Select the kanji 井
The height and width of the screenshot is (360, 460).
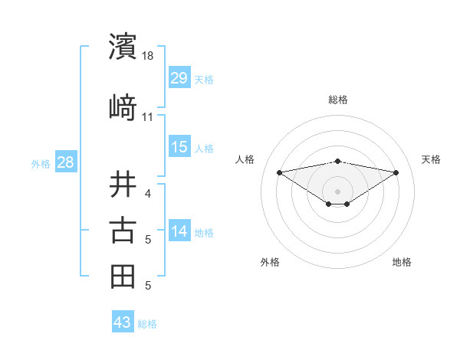coord(123,185)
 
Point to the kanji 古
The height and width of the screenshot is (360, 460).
coord(123,231)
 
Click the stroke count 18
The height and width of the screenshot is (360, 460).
coord(148,56)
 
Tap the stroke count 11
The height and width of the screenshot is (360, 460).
coord(148,116)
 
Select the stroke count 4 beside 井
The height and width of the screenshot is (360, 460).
coord(147,194)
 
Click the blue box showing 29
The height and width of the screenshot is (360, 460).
coord(179,78)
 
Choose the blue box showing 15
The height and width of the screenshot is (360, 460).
coord(179,147)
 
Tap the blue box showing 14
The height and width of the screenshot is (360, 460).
coord(179,231)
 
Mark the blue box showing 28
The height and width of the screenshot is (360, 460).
coord(65,162)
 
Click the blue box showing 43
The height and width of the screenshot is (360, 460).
coord(123,322)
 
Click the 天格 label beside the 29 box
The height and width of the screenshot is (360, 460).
coord(204,80)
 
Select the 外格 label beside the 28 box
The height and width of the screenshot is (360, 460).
coord(41,163)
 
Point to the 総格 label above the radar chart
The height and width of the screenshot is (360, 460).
coord(337,100)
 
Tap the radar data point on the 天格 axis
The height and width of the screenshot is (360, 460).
coord(396,172)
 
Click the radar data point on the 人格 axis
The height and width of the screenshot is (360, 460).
coord(279,172)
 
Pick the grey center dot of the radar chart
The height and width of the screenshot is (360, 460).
coord(337,191)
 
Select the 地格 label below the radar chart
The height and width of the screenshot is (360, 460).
coord(402,262)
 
